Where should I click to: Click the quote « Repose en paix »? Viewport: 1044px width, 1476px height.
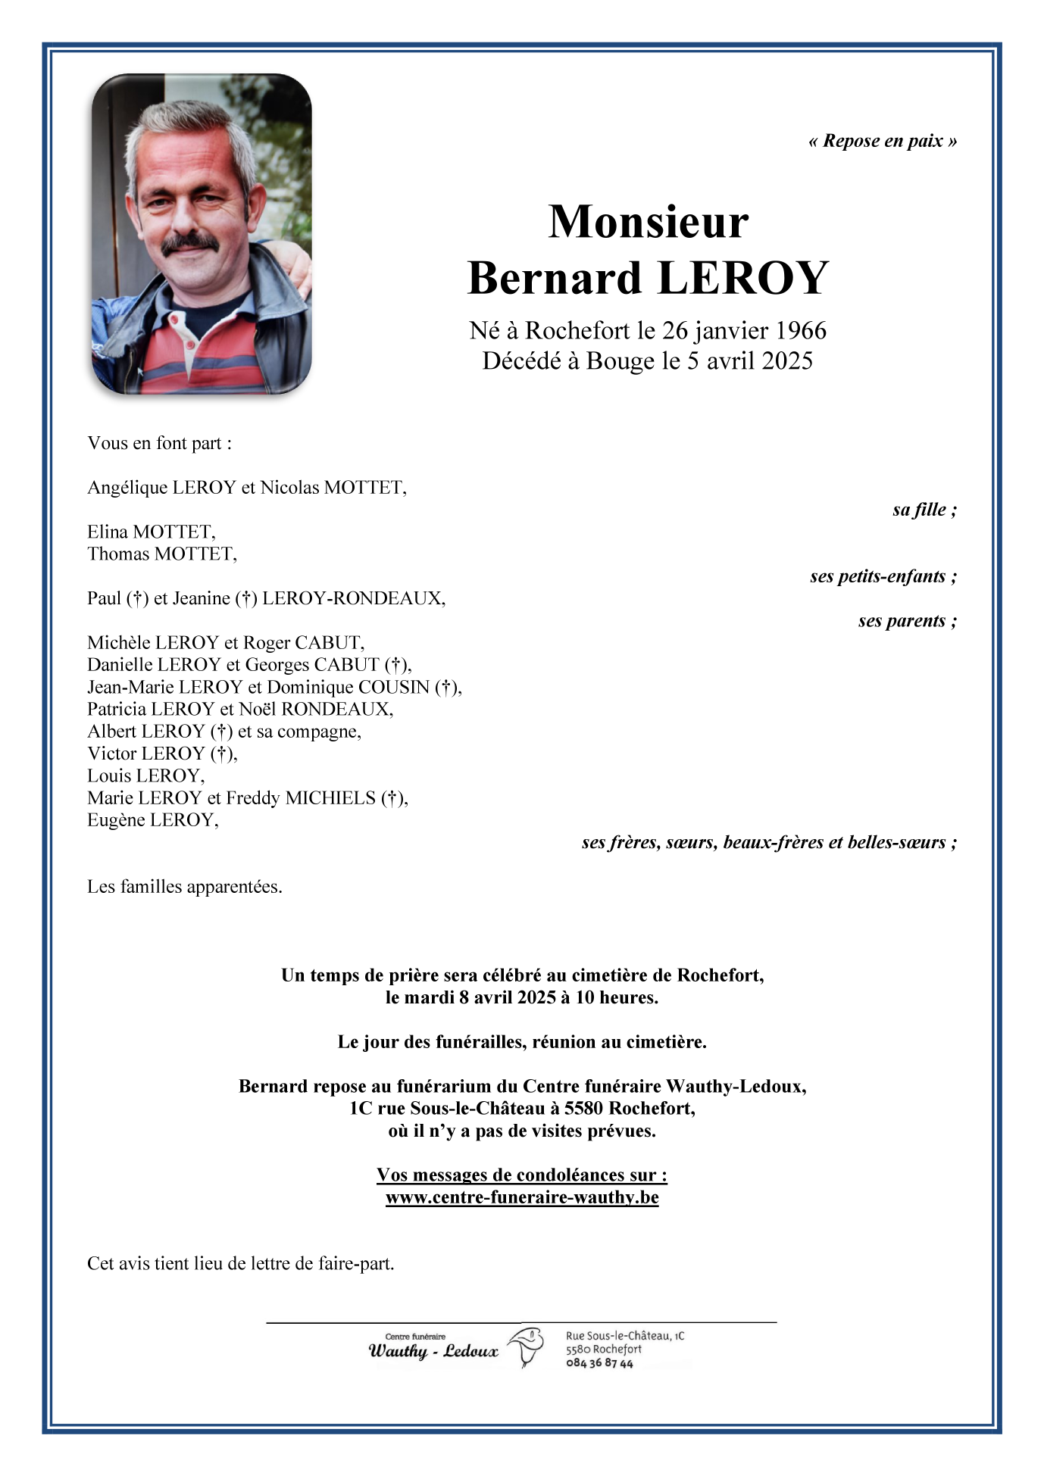tap(883, 141)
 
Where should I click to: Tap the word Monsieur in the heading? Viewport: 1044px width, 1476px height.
tap(649, 222)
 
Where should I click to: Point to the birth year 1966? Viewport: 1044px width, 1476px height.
tap(802, 331)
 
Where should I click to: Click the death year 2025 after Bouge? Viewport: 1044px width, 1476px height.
tap(787, 361)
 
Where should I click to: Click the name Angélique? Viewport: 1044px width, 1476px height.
tap(127, 488)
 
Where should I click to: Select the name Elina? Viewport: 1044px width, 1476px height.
tap(108, 532)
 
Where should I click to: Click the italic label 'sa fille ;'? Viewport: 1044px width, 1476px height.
tap(924, 510)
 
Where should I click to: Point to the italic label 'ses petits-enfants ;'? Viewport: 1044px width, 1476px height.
tap(883, 576)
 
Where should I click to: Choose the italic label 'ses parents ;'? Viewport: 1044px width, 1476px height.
tap(907, 621)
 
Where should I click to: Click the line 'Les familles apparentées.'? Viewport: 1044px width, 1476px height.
tap(185, 887)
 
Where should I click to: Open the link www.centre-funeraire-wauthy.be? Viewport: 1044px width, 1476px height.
tap(522, 1197)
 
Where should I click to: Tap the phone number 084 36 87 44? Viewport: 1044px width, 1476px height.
tap(599, 1363)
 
